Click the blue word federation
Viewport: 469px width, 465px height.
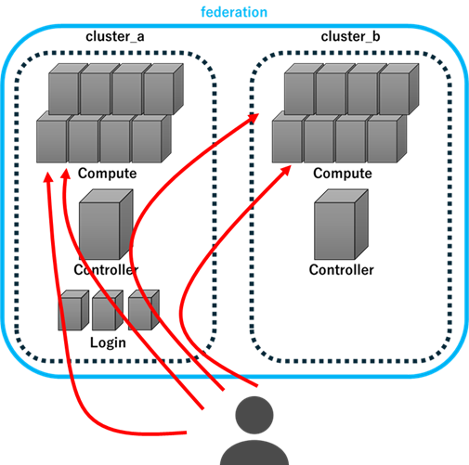tap(234, 12)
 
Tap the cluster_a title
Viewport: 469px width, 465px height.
tap(115, 36)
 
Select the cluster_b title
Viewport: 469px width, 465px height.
tap(350, 36)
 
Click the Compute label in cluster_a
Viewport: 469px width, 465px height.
tap(107, 174)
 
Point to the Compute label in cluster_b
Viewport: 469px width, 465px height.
tap(343, 174)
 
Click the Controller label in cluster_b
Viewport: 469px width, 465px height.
tap(341, 270)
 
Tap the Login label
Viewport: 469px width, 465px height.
tap(108, 342)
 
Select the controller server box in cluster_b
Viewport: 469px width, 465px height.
tap(341, 225)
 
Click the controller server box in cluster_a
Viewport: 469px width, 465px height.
tap(106, 225)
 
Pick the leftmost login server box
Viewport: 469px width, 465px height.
tap(73, 310)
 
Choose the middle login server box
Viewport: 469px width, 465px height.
tap(108, 310)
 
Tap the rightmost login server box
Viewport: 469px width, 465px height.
tap(144, 310)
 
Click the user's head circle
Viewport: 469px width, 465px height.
tap(254, 415)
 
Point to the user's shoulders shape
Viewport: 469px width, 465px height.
tap(254, 453)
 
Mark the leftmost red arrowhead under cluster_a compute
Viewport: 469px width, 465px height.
tap(47, 177)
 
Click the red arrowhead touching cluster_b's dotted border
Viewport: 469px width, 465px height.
tap(253, 118)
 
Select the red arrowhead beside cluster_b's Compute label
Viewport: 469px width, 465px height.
tap(286, 170)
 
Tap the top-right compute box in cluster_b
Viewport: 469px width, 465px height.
tap(398, 89)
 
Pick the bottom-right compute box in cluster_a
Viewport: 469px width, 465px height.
tap(151, 137)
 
